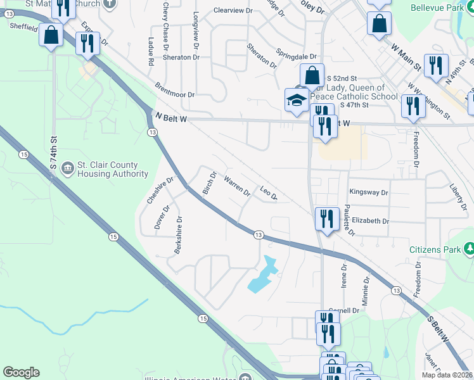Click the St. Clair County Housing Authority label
(112, 170)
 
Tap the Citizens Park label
(435, 250)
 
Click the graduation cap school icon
(296, 101)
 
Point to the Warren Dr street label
(237, 186)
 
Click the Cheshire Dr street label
(160, 189)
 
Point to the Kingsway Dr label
(368, 191)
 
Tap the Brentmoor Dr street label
(174, 89)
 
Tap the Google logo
(21, 372)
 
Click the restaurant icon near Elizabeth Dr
(326, 220)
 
